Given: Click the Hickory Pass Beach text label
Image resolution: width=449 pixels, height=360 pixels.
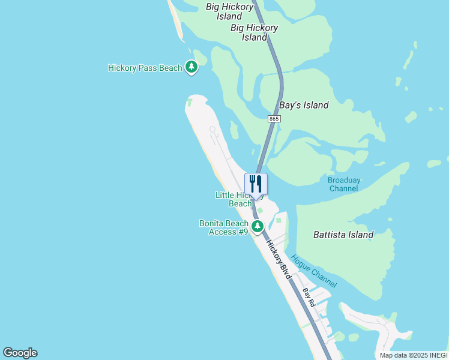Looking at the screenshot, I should tap(145, 68).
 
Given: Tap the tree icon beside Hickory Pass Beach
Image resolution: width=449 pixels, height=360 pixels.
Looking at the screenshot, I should tap(191, 67).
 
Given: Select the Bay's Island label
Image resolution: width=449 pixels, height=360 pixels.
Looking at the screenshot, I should tap(304, 105).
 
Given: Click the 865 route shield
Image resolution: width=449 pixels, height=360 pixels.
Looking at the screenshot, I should tap(274, 119).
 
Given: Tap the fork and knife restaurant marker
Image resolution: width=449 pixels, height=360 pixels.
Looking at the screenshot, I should tap(256, 184).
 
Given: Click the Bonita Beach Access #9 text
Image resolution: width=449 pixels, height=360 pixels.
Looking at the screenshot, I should tap(224, 227).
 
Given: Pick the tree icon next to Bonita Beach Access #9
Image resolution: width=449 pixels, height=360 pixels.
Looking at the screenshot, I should tap(258, 227).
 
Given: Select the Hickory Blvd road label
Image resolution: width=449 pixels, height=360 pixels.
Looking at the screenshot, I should tap(279, 260).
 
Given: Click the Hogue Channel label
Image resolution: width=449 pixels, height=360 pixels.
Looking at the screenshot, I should tap(313, 271).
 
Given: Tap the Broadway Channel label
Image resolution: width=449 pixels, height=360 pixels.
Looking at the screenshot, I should tap(344, 184).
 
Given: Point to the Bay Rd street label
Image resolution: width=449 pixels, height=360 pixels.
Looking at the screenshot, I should tap(309, 298).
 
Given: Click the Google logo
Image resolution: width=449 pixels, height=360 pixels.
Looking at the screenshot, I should tap(20, 353).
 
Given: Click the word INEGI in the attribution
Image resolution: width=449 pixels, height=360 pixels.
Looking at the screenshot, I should tap(436, 355).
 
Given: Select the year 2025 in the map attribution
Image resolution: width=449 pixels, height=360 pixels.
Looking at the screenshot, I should tap(416, 355).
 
